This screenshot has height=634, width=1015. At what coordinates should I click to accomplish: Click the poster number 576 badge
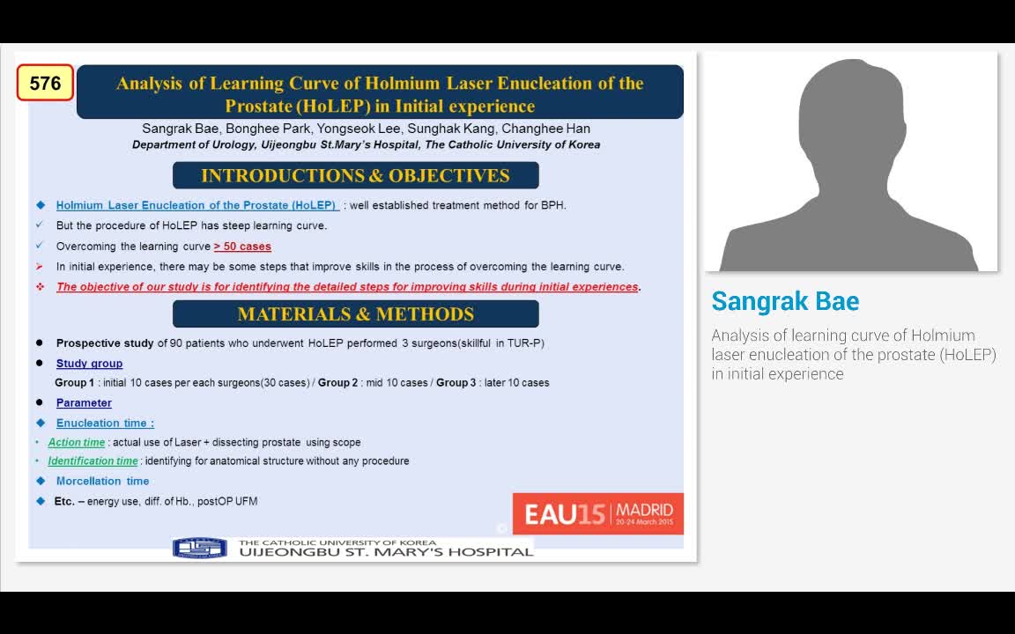click(x=45, y=83)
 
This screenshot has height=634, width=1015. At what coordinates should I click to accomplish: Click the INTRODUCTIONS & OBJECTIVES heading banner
click(x=355, y=175)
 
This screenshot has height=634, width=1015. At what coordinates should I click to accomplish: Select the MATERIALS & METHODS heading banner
click(x=355, y=314)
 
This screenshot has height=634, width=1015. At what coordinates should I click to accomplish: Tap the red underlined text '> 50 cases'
click(x=242, y=247)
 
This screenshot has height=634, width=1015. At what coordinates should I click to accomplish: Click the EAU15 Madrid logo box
click(x=597, y=513)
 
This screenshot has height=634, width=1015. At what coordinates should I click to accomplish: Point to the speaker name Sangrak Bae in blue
click(x=785, y=301)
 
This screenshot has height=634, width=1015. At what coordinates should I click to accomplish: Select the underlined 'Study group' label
click(x=89, y=364)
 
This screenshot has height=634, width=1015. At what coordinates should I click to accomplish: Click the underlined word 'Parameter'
click(x=84, y=403)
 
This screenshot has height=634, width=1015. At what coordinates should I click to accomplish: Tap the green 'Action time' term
click(x=77, y=443)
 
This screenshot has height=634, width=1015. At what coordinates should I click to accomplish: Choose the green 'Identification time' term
click(x=93, y=461)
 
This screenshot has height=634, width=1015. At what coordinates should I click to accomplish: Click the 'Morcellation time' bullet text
click(x=102, y=481)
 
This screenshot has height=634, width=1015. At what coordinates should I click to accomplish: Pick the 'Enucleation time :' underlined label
click(x=105, y=424)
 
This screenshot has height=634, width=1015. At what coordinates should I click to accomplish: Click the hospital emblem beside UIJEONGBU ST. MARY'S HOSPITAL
click(x=200, y=549)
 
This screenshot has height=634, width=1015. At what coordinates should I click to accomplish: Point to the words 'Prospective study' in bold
click(x=105, y=343)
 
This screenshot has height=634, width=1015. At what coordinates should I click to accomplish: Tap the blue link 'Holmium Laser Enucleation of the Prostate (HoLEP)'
click(x=196, y=205)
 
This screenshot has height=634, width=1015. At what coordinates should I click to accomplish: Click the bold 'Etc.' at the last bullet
click(x=64, y=501)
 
